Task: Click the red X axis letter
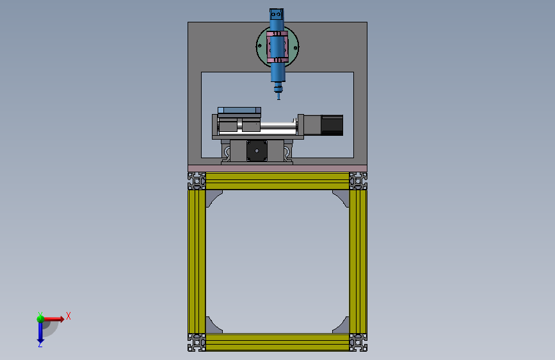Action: pyautogui.click(x=68, y=316)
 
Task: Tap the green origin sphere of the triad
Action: pyautogui.click(x=40, y=319)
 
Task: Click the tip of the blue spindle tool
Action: pyautogui.click(x=278, y=99)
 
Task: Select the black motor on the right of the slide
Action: pyautogui.click(x=332, y=125)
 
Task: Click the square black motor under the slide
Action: pyautogui.click(x=257, y=151)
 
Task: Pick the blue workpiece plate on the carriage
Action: pyautogui.click(x=239, y=110)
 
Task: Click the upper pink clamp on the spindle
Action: pyautogui.click(x=277, y=34)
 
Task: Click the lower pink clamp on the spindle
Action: pyautogui.click(x=277, y=60)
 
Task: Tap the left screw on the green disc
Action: pyautogui.click(x=260, y=45)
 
